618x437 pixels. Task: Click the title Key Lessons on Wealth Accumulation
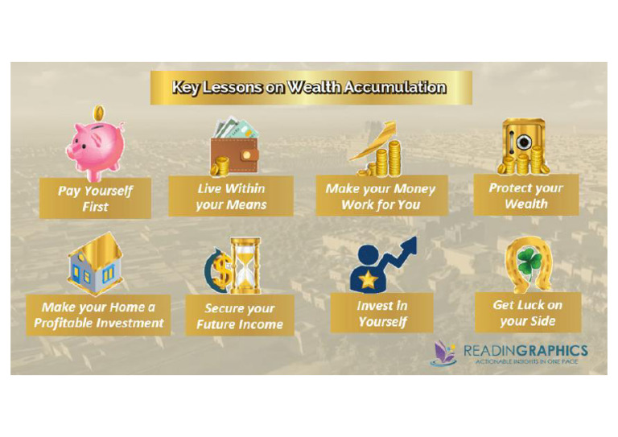309,87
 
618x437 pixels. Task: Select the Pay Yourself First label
95,198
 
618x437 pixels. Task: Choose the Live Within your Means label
231,196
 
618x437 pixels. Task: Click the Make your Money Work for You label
380,196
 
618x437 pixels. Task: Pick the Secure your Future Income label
240,316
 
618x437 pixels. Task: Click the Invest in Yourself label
381,313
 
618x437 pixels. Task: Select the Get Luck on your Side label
527,312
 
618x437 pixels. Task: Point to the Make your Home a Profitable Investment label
98,315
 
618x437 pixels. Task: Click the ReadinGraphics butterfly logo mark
443,353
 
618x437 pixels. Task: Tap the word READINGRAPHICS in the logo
525,351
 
